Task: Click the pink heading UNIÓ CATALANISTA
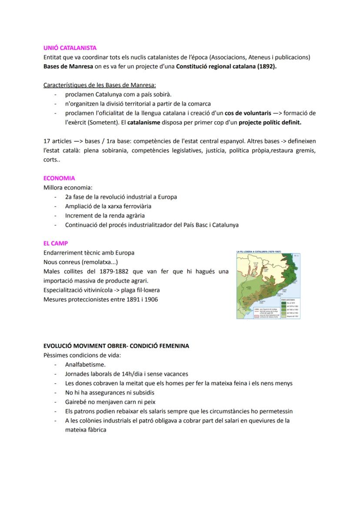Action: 70,48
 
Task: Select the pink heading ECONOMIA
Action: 59,178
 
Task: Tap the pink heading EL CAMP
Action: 56,243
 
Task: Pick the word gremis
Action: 305,151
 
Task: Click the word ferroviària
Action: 135,206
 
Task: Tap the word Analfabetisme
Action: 85,365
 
